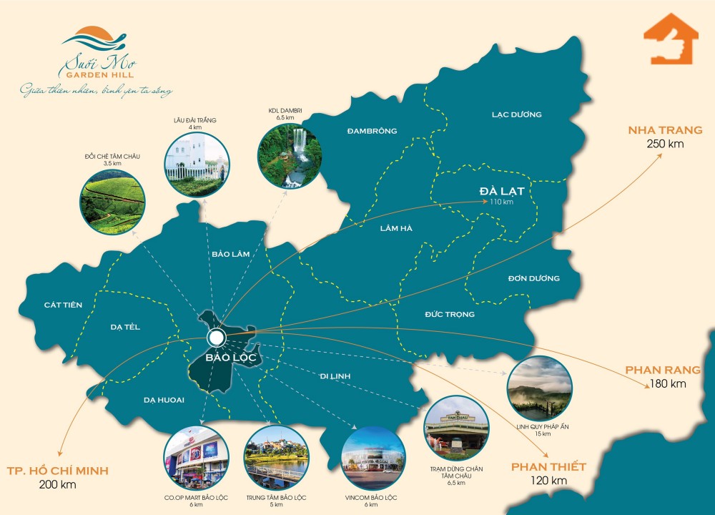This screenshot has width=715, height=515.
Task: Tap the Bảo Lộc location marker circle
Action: [215, 338]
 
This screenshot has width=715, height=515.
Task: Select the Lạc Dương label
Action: [517, 114]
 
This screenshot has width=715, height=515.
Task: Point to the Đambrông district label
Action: [372, 131]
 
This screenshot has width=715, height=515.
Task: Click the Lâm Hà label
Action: [396, 228]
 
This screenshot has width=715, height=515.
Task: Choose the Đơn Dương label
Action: [534, 278]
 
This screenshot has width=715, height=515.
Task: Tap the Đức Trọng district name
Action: [449, 314]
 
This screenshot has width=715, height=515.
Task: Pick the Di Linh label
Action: [334, 376]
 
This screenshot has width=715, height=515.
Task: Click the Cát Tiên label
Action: [63, 305]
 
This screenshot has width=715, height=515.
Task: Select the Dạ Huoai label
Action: [164, 400]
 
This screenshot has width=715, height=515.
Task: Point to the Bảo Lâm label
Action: [230, 255]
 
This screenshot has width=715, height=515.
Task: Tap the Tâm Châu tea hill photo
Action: [113, 203]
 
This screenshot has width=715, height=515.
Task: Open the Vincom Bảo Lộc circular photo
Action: [373, 458]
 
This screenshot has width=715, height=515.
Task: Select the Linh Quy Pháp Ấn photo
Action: [539, 388]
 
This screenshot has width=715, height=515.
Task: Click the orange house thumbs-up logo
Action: [671, 43]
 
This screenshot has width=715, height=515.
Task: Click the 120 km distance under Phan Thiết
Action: [548, 481]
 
